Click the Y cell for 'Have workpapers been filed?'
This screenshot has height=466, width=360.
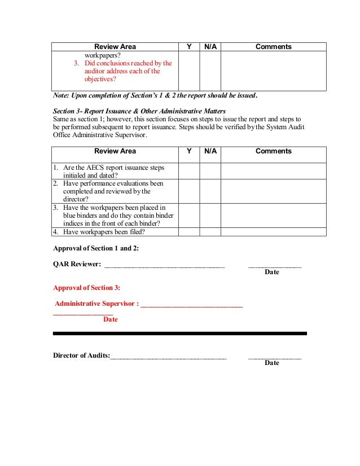[x=189, y=232]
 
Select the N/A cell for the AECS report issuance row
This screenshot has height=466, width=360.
[x=210, y=172]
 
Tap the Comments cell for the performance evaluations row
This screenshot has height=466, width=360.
[x=273, y=191]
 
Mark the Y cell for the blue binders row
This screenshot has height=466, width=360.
[x=189, y=216]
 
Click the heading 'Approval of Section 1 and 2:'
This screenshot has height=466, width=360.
[x=95, y=248]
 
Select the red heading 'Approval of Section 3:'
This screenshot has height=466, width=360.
[x=86, y=288]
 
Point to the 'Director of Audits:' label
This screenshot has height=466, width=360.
[x=81, y=355]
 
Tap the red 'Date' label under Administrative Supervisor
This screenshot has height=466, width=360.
[x=111, y=319]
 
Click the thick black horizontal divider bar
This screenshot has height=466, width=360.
[x=179, y=333]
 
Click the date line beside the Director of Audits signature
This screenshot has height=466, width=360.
[x=275, y=357]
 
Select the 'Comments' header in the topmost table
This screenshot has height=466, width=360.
[x=273, y=47]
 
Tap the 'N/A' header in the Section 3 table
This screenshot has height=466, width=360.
[x=210, y=151]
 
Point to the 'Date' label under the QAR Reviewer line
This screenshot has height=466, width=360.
[x=272, y=272]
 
